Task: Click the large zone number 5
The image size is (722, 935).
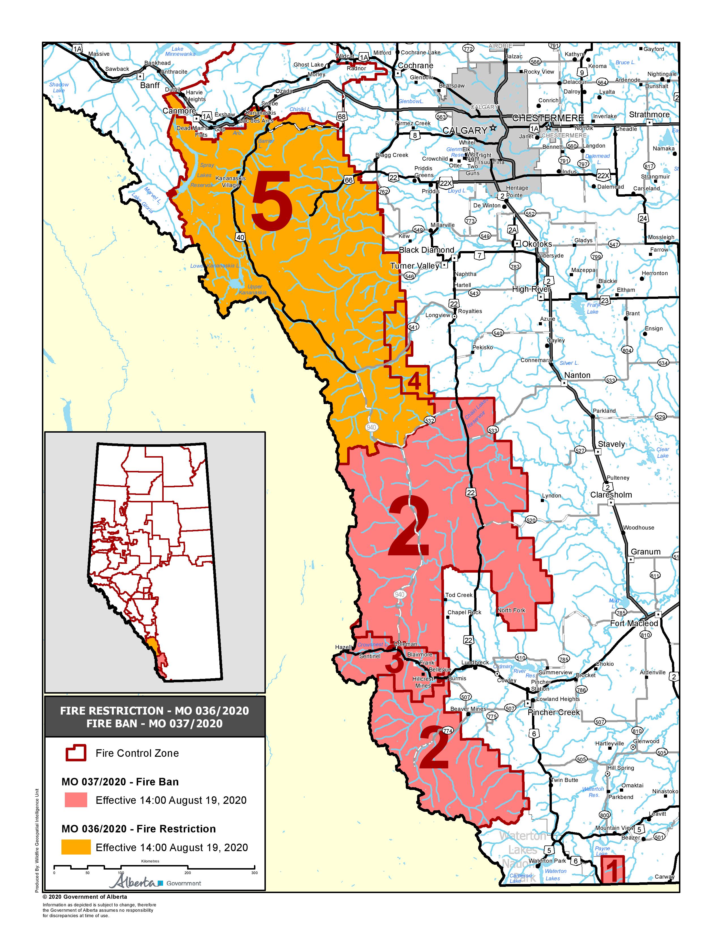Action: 272,200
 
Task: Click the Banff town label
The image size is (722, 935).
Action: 150,85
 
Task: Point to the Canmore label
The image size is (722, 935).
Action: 179,111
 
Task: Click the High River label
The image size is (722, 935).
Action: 531,289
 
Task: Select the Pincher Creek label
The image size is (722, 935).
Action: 554,712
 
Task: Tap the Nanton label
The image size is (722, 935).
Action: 577,375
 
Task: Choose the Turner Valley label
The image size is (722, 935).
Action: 415,266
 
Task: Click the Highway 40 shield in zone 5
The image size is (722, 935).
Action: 240,237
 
